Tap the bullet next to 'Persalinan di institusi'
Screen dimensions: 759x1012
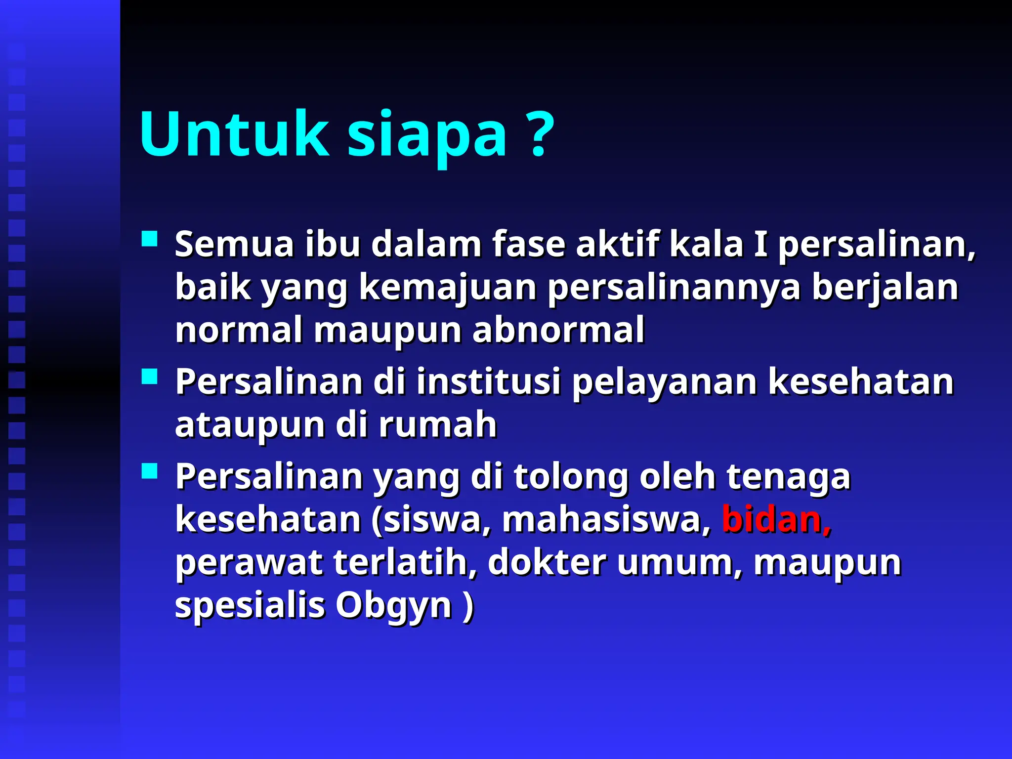[x=149, y=377]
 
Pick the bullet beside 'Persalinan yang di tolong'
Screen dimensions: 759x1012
[x=149, y=471]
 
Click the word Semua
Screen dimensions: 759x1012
[x=234, y=245]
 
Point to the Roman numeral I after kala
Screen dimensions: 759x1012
[x=760, y=245]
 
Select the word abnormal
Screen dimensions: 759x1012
[x=558, y=330]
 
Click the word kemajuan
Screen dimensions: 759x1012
[x=448, y=288]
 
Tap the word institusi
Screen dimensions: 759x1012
[x=489, y=382]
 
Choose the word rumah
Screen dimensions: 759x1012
[x=437, y=425]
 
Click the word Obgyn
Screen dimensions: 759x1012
[x=394, y=606]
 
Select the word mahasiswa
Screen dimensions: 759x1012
[x=606, y=520]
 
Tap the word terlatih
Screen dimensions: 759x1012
[x=401, y=563]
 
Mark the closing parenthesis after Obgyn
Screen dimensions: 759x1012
[x=468, y=606]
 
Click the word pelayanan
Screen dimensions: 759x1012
[x=664, y=382]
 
